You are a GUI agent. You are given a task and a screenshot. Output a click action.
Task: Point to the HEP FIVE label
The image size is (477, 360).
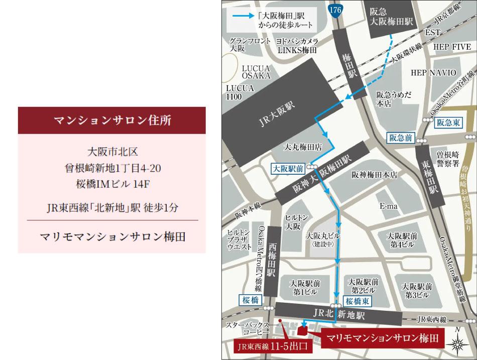coord(448,47)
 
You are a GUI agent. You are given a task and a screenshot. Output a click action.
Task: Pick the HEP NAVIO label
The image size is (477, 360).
coord(433,73)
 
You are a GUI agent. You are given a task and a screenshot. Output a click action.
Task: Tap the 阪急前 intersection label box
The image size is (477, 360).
coord(402,137)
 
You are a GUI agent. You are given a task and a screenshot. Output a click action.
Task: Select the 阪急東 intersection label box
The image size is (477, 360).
coord(448,122)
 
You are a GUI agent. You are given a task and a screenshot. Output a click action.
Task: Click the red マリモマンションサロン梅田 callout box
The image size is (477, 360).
coord(383,338)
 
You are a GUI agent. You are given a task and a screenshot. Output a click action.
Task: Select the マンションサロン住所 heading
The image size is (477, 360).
coord(111,121)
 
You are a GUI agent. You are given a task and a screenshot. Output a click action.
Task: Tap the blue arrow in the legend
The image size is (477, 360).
coord(248,16)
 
